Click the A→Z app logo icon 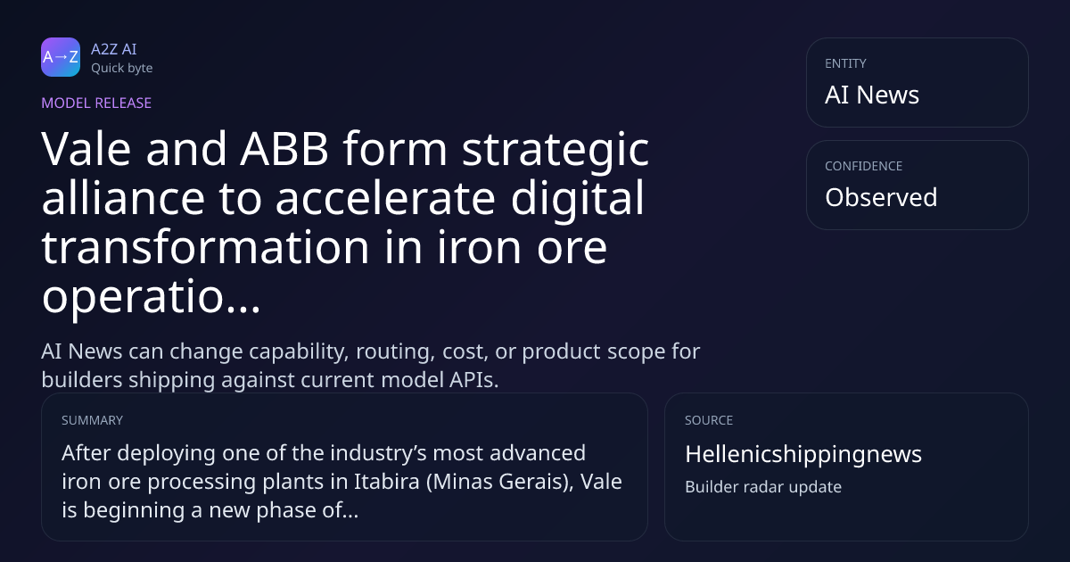61,57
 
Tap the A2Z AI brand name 114,49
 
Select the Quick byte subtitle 122,68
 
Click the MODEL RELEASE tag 96,103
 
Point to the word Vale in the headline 86,149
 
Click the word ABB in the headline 284,149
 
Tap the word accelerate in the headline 385,198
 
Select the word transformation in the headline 205,246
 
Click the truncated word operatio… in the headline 152,297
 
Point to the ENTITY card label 845,63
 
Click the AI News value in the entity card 872,95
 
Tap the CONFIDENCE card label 864,166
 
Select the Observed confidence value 881,197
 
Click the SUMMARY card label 92,420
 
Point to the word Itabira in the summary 386,481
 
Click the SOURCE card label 709,420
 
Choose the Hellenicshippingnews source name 803,454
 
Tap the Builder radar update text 763,486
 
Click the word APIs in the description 473,380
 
